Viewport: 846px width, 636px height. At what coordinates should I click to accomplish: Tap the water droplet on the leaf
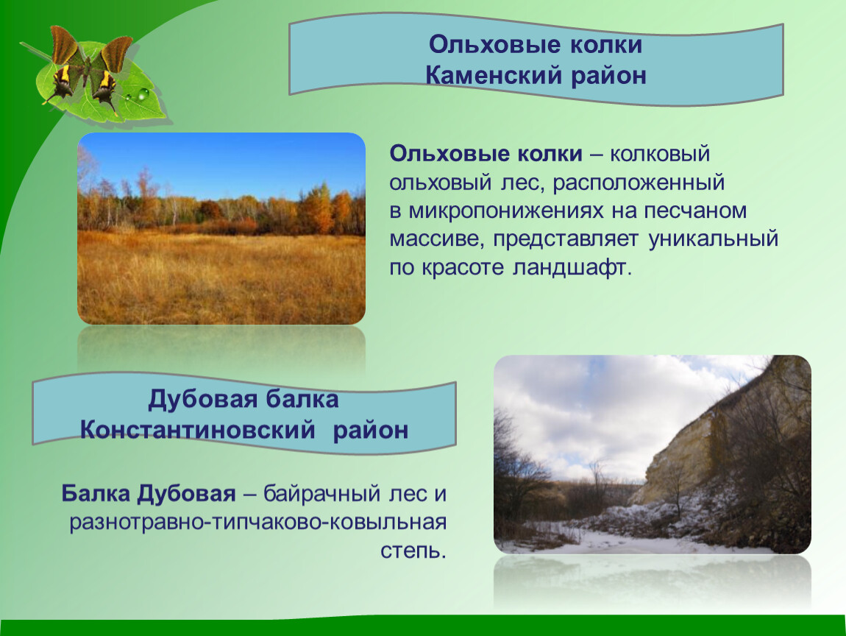pyautogui.click(x=143, y=95)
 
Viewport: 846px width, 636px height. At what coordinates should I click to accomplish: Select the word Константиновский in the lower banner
pyautogui.click(x=197, y=430)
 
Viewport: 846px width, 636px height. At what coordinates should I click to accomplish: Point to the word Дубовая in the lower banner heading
pyautogui.click(x=203, y=400)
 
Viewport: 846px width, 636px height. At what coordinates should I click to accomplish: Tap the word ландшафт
pyautogui.click(x=572, y=268)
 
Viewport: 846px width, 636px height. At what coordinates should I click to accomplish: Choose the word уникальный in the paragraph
pyautogui.click(x=714, y=239)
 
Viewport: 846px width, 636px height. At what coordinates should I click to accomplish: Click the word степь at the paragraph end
pyautogui.click(x=413, y=551)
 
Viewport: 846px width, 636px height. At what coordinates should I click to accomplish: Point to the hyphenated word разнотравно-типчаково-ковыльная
pyautogui.click(x=258, y=523)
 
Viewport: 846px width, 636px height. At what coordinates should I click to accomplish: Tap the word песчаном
pyautogui.click(x=695, y=211)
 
